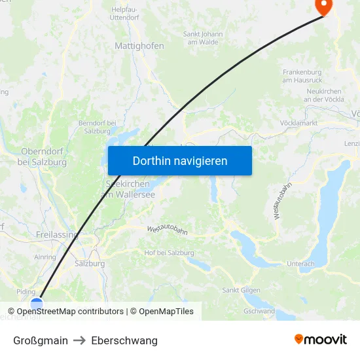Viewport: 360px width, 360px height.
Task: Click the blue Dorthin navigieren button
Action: coord(179,160)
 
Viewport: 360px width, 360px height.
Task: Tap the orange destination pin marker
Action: coord(323,6)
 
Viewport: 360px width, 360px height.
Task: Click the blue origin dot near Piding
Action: coord(37,303)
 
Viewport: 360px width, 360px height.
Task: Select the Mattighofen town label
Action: coord(139,46)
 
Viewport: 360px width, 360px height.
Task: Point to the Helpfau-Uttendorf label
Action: coord(129,14)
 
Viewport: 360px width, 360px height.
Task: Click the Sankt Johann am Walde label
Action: coord(203,38)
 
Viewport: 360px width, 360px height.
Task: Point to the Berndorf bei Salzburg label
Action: coord(97,126)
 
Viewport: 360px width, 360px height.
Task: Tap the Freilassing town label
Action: coord(57,234)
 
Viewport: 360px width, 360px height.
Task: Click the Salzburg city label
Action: coord(90,264)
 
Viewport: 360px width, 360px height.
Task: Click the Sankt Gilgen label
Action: coord(242,290)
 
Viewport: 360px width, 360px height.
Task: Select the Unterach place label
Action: coord(300,264)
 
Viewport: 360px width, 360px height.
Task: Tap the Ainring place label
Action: coord(45,257)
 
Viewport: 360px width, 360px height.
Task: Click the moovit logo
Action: coord(320,340)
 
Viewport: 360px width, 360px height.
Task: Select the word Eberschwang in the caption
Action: coord(124,340)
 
